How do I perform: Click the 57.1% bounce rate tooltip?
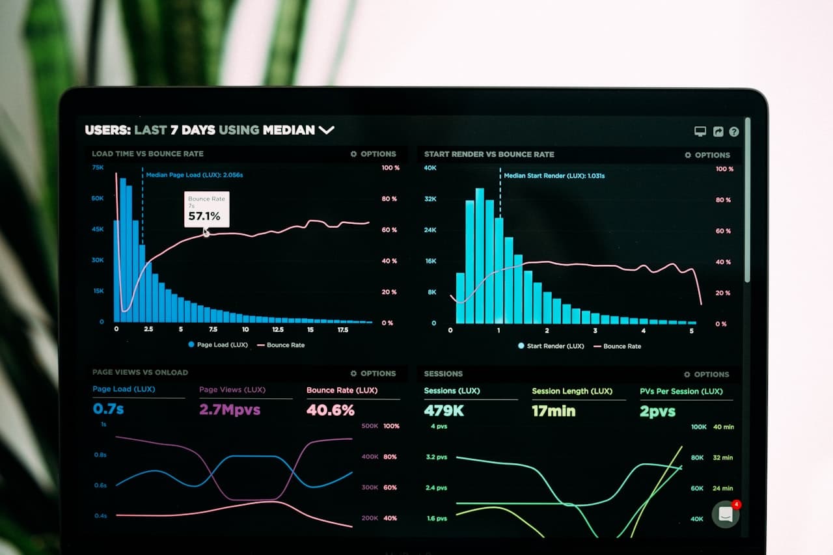(x=206, y=209)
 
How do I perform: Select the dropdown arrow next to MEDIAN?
(x=326, y=130)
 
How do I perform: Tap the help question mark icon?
(x=734, y=132)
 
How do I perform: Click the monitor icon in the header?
(x=700, y=131)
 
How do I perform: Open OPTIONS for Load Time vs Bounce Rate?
(x=374, y=154)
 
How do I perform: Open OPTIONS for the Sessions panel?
(x=707, y=375)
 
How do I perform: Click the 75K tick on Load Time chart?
(x=98, y=167)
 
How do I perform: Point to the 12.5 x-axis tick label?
(x=277, y=330)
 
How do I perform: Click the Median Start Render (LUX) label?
(x=554, y=176)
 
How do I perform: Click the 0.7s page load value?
(x=108, y=409)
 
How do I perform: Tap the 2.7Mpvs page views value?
(x=230, y=410)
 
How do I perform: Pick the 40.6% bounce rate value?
(x=331, y=411)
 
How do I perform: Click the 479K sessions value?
(x=444, y=411)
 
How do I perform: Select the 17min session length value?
(x=553, y=411)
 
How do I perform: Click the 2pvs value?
(x=657, y=412)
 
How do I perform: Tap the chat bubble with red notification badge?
(x=726, y=514)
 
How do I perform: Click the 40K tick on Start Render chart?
(x=430, y=168)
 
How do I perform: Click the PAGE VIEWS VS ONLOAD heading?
(x=140, y=372)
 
